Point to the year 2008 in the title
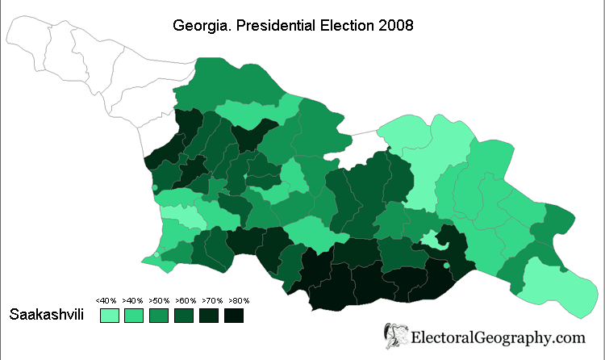(x=395, y=26)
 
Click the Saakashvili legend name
(x=48, y=314)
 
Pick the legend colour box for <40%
(x=109, y=315)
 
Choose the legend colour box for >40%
(x=134, y=315)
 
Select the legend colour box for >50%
(x=159, y=315)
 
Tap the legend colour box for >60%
(x=184, y=315)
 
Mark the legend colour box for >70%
(x=209, y=315)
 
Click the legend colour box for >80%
(x=234, y=315)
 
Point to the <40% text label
(x=106, y=300)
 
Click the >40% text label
(x=132, y=300)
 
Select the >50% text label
(x=158, y=300)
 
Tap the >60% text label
(x=184, y=300)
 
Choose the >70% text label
(x=210, y=300)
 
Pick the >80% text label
(x=236, y=300)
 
